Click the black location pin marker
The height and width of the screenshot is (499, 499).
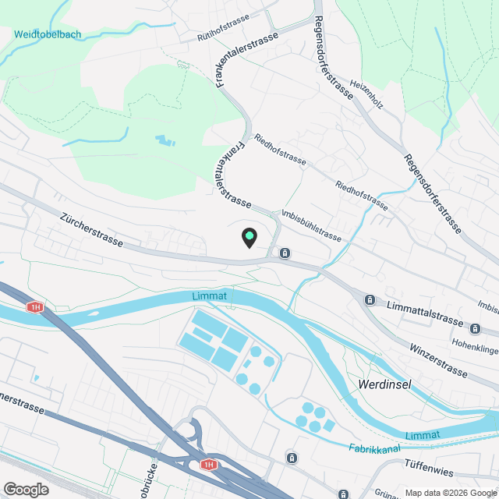[x=249, y=237]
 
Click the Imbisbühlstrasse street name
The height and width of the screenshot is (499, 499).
[x=311, y=225]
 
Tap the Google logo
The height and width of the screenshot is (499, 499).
[x=25, y=489]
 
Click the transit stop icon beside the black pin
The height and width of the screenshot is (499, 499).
[x=285, y=253]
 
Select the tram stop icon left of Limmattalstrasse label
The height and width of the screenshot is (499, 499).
[x=370, y=299]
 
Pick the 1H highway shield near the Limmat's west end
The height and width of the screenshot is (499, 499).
[x=35, y=307]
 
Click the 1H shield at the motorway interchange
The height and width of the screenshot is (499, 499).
[x=207, y=465]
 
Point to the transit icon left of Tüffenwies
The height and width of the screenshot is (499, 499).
[x=292, y=457]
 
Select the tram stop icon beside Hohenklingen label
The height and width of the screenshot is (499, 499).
[x=476, y=328]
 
